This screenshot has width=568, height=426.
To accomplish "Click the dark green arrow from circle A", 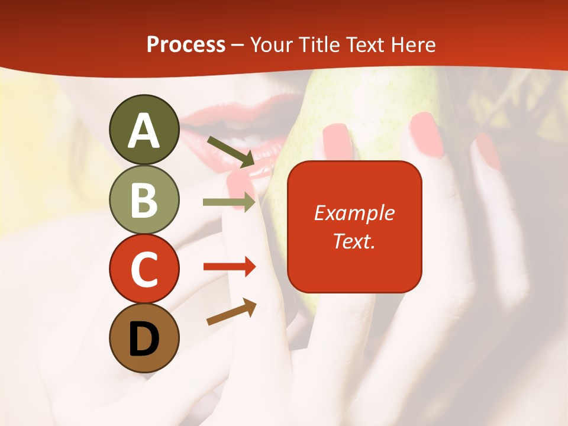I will point(231,151).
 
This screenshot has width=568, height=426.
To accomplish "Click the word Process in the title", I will point(186,45).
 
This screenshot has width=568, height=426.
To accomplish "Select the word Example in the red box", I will point(354,213).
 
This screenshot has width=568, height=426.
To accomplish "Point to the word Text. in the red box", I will point(354,241).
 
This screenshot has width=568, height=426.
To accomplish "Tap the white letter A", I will point(144,131).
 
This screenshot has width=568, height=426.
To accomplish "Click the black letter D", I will point(144,339).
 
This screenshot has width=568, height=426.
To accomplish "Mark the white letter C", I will point(144,270).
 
